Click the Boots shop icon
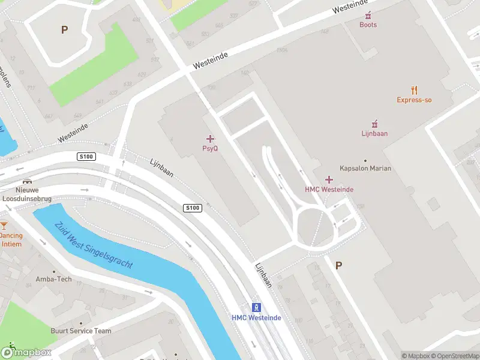pyautogui.click(x=368, y=15)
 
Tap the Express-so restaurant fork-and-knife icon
pyautogui.click(x=414, y=90)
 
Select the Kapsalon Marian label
pyautogui.click(x=365, y=168)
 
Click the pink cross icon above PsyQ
pyautogui.click(x=210, y=139)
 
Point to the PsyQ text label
pyautogui.click(x=209, y=148)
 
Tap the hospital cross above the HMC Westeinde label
pyautogui.click(x=329, y=179)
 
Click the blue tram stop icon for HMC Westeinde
pyautogui.click(x=256, y=307)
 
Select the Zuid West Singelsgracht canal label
pyautogui.click(x=93, y=246)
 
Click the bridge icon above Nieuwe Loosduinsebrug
pyautogui.click(x=26, y=181)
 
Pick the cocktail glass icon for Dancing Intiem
pyautogui.click(x=4, y=226)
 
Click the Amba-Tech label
pyautogui.click(x=53, y=279)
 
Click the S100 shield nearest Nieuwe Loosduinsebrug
pyautogui.click(x=86, y=157)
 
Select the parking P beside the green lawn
pyautogui.click(x=64, y=29)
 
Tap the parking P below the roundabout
pyautogui.click(x=338, y=265)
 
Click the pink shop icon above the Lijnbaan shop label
pyautogui.click(x=374, y=124)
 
